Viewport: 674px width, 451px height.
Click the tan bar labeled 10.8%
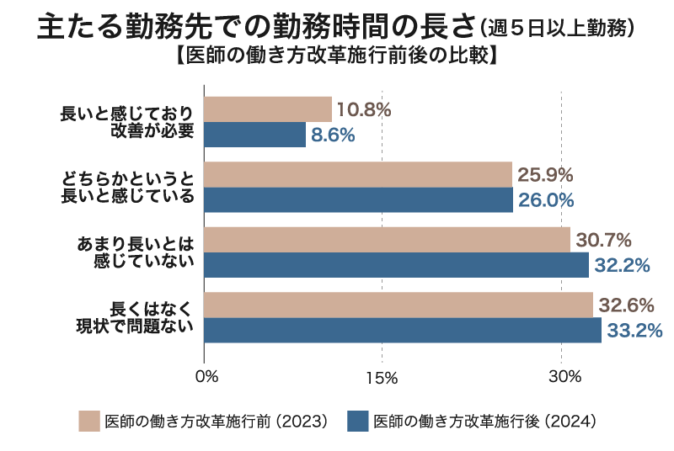point(268,109)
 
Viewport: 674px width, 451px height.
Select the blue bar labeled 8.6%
point(254,135)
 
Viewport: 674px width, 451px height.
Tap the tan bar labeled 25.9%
point(358,175)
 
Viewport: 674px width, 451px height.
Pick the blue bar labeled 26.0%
point(358,200)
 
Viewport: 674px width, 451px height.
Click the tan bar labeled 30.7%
point(387,240)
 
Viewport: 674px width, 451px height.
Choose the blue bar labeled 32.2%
point(396,265)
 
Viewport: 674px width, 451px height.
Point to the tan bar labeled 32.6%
point(399,305)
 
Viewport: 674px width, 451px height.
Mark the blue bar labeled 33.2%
point(402,330)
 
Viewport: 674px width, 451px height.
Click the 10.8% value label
point(364,109)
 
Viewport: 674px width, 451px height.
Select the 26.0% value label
point(546,200)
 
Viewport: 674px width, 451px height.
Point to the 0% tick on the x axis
point(206,377)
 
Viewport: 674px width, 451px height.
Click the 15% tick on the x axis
point(383,377)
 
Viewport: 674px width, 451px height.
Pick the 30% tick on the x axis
point(564,377)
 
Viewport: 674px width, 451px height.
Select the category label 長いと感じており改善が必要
point(127,122)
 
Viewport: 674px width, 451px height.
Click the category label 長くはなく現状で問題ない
point(127,317)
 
